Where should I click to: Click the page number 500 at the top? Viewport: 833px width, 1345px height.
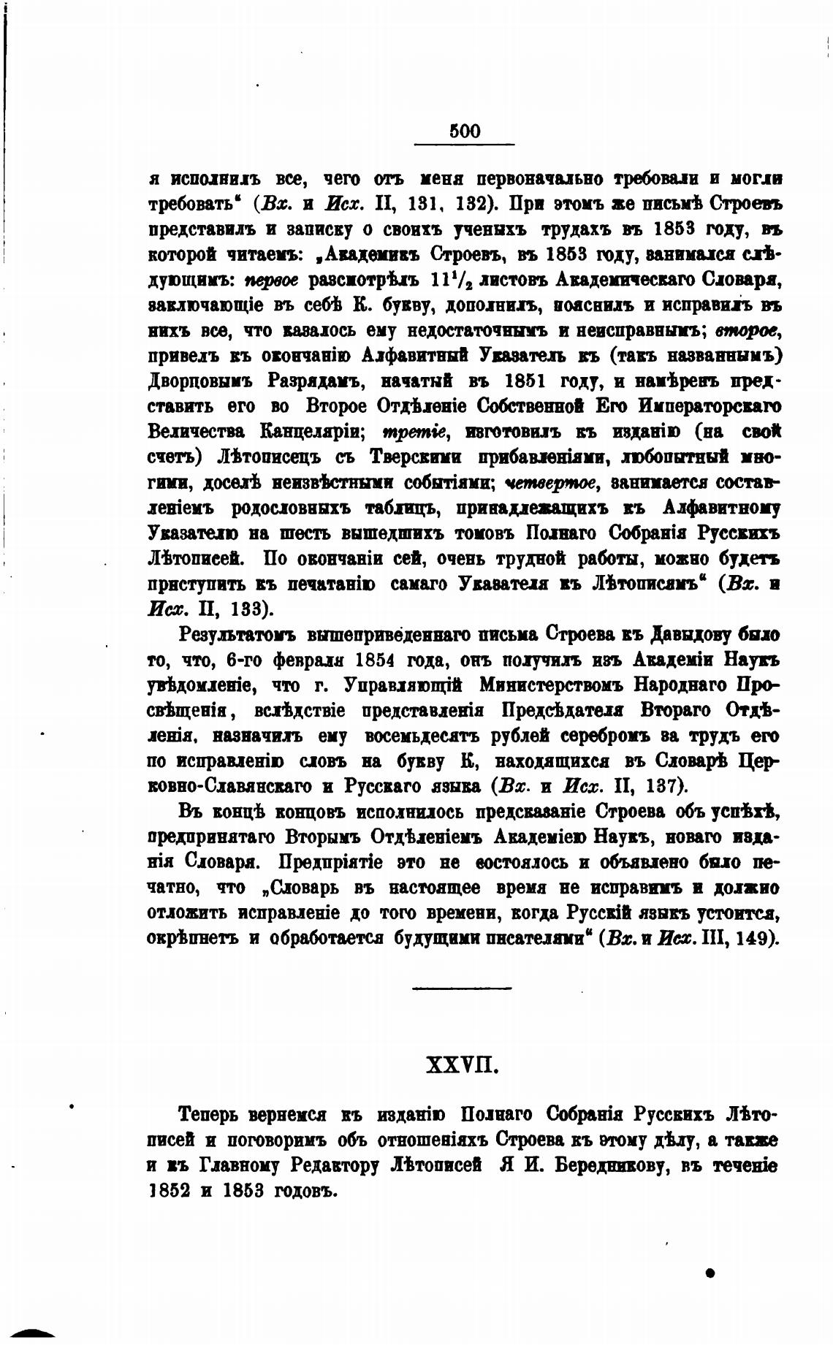pos(465,131)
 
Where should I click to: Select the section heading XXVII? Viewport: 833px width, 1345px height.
pos(462,1067)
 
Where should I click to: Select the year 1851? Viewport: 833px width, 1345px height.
pos(529,381)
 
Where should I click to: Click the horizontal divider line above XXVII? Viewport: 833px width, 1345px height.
pos(461,988)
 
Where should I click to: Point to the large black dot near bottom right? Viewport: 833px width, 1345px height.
pos(710,1272)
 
